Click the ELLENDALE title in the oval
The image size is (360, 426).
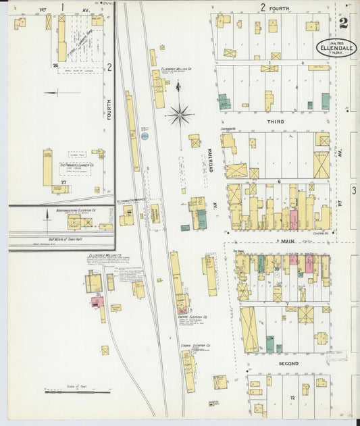coord(335,49)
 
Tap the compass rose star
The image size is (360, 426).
coord(180,115)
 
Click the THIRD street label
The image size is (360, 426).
coord(275,122)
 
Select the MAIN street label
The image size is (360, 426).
coord(288,240)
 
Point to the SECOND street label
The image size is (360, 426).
coord(288,364)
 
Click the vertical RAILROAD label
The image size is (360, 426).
coord(210,161)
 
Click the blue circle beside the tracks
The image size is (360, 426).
coord(145,136)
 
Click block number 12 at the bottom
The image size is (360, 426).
coord(293,397)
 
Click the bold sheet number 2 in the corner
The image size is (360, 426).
coord(344,24)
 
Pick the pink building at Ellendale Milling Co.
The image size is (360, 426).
coord(97,301)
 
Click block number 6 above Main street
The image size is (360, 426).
coord(278,182)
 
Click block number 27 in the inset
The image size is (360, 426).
coord(63,182)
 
